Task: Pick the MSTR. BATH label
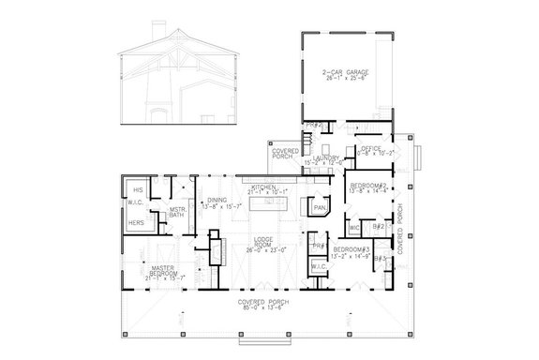click(x=177, y=213)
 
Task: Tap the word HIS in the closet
click(x=138, y=190)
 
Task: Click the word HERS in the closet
click(x=138, y=223)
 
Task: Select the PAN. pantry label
click(x=320, y=207)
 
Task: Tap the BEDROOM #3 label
click(x=354, y=249)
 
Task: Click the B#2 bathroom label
click(x=379, y=226)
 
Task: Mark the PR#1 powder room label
click(x=318, y=246)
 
